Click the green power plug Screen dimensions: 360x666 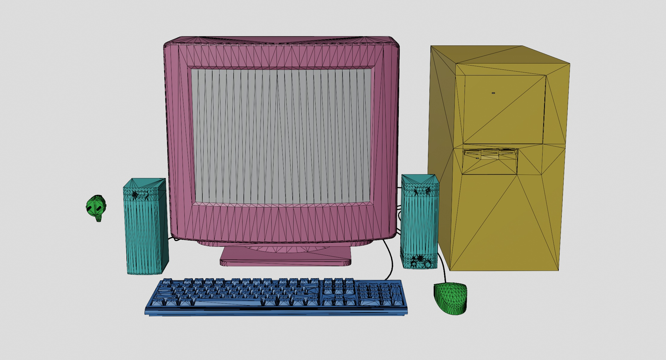[x=96, y=206]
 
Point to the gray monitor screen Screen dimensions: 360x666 [x=281, y=135]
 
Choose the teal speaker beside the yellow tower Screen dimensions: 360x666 [x=419, y=222]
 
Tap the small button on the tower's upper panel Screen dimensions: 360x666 [x=493, y=93]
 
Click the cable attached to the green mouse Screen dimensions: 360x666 [x=442, y=267]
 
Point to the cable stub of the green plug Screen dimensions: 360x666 [x=99, y=218]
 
